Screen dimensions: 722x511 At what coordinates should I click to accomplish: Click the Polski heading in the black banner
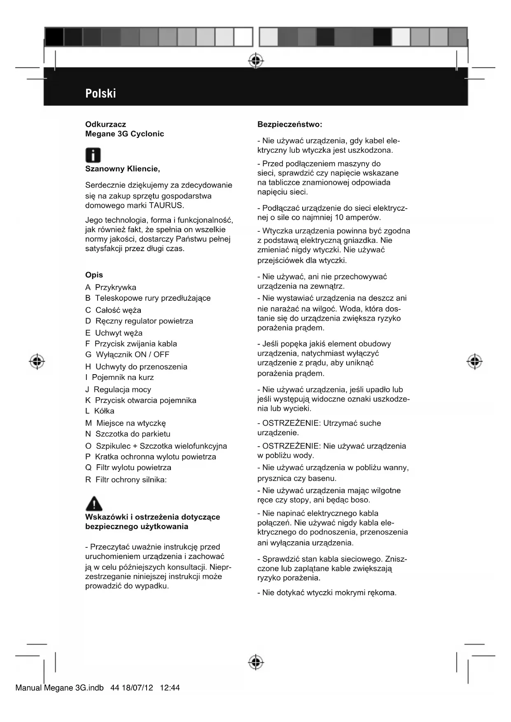(x=100, y=93)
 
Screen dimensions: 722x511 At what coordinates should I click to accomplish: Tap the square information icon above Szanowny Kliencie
(x=93, y=156)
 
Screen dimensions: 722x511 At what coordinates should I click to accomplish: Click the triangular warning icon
(x=94, y=503)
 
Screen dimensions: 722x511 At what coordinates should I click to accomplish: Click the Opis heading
(x=94, y=275)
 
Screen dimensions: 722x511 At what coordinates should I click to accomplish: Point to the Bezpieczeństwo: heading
(x=289, y=124)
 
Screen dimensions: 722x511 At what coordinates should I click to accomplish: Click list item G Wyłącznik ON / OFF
(x=127, y=354)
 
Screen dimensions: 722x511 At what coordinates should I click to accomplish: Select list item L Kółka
(x=100, y=411)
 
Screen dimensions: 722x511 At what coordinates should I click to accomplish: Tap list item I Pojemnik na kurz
(x=119, y=377)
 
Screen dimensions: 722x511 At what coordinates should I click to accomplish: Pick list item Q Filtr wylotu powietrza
(x=128, y=468)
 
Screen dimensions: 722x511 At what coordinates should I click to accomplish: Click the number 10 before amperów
(x=339, y=217)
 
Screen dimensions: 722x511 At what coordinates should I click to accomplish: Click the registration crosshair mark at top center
(x=256, y=61)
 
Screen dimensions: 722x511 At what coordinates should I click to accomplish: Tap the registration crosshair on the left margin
(x=37, y=361)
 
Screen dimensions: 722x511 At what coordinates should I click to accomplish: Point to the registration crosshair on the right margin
(x=474, y=361)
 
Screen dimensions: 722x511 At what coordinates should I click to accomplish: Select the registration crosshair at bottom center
(x=256, y=662)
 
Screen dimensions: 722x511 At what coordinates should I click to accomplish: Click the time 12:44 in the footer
(x=170, y=688)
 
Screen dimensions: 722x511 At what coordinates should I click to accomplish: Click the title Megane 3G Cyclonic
(x=124, y=134)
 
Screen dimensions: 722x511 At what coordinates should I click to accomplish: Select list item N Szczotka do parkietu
(x=128, y=434)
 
